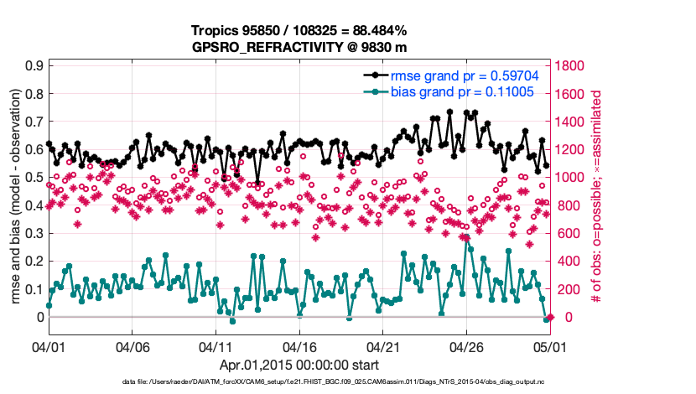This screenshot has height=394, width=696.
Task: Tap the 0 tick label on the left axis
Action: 39,317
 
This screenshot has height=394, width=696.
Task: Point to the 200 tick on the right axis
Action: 567,289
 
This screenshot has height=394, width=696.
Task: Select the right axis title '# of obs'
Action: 598,191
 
